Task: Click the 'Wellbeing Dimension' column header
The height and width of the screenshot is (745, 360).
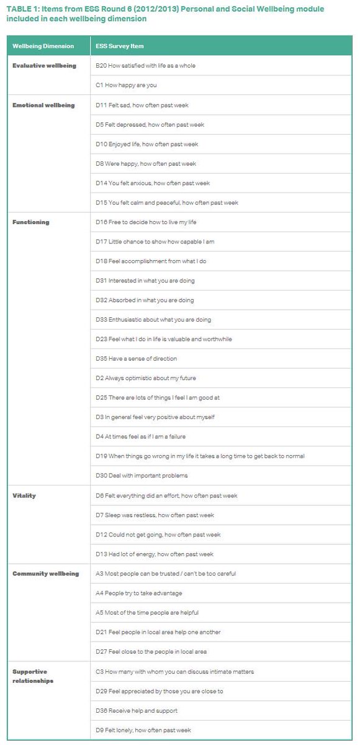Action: pos(43,46)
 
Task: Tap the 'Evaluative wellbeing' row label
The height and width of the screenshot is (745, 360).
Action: pos(43,66)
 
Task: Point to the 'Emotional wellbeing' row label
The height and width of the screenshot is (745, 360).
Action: pos(43,105)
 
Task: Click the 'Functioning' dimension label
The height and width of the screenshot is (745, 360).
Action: pos(31,222)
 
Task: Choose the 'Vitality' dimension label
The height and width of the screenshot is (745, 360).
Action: pos(24,495)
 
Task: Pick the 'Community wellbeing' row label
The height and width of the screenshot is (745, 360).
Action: pos(46,574)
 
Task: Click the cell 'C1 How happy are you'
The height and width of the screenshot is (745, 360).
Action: pos(126,85)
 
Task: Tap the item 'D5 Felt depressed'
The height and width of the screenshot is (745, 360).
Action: pos(150,125)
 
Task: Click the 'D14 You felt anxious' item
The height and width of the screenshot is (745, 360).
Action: pos(153,183)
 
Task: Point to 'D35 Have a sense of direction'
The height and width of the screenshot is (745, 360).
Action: pos(136,359)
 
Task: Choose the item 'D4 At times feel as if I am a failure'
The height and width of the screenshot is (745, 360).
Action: pos(140,436)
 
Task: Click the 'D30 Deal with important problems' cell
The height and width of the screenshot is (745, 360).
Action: pos(142,476)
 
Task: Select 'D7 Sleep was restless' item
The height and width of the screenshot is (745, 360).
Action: pos(154,515)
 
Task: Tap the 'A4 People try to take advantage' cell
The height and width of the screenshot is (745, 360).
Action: pos(139,593)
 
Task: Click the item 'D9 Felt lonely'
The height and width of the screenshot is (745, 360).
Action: pos(143,730)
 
